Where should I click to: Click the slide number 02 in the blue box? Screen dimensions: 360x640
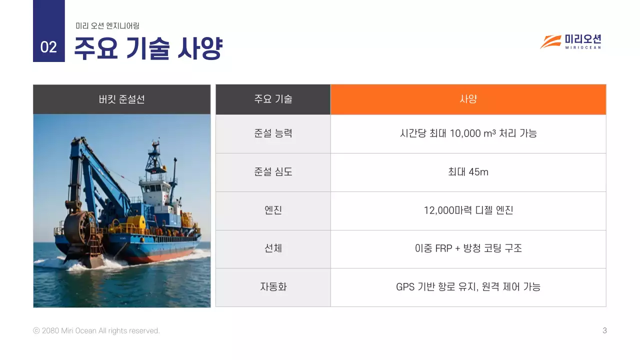click(48, 47)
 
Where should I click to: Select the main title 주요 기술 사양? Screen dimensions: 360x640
click(148, 48)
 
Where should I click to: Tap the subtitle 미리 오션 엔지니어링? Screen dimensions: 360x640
click(107, 25)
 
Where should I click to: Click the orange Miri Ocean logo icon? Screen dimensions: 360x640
click(550, 42)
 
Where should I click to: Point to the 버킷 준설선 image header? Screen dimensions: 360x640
click(122, 99)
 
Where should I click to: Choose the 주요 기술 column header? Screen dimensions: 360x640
click(273, 99)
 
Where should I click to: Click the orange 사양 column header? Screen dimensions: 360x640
click(468, 99)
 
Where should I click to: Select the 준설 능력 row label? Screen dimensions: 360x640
click(273, 133)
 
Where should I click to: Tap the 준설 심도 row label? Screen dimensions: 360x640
click(273, 172)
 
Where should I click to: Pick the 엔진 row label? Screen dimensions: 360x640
click(273, 210)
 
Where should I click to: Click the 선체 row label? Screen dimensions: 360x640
click(273, 248)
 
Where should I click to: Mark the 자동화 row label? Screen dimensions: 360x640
click(273, 287)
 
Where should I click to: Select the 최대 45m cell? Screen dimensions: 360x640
click(468, 172)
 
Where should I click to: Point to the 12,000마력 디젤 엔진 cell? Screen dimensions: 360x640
click(468, 210)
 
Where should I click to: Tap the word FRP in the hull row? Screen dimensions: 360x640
click(443, 248)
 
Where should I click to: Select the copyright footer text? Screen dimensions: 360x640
click(96, 330)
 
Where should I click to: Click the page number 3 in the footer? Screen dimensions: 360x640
click(604, 330)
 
